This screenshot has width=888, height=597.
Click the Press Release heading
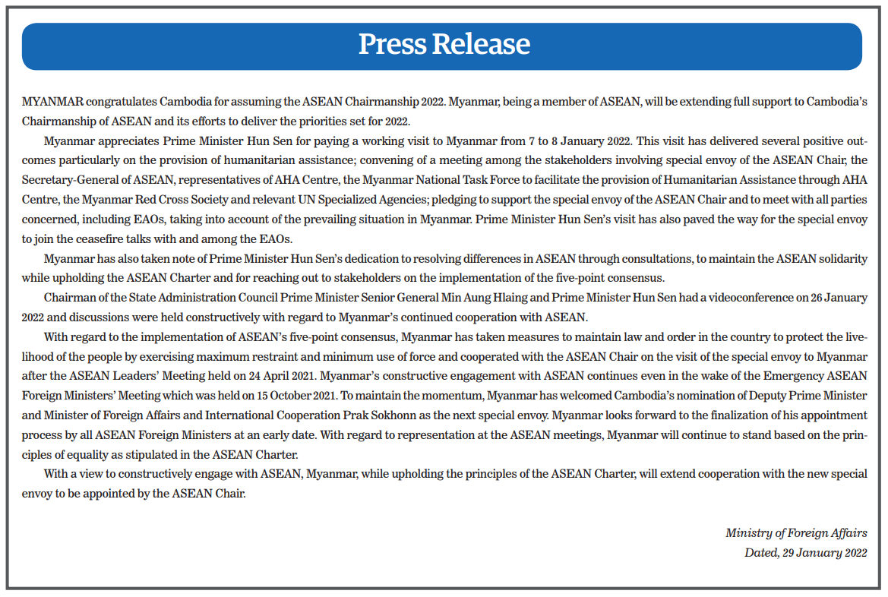tap(444, 44)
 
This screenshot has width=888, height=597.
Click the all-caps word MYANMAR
tap(52, 101)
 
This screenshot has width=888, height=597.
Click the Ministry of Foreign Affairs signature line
tap(796, 533)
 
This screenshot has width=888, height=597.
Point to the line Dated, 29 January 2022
tap(805, 553)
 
